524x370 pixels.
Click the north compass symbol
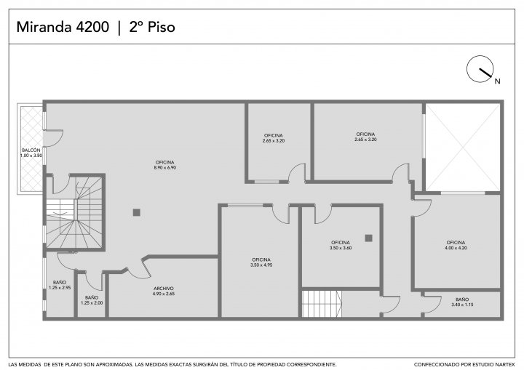point(480,69)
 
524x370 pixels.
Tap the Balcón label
point(31,150)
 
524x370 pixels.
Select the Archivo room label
point(164,289)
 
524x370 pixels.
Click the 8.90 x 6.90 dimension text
point(165,168)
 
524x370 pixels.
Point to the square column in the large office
point(136,212)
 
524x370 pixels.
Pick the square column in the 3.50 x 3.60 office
point(368,238)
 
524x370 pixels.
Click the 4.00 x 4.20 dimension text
point(456,248)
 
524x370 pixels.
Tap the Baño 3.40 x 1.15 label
point(462,302)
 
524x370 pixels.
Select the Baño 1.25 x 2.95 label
point(60,285)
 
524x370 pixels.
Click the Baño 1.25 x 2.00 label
point(92,300)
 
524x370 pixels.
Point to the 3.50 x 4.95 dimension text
point(261,265)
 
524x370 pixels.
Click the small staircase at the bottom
point(322,304)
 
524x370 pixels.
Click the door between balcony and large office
point(54,138)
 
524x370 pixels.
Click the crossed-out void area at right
point(463,148)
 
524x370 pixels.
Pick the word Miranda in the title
point(45,27)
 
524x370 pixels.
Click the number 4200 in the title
point(92,27)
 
